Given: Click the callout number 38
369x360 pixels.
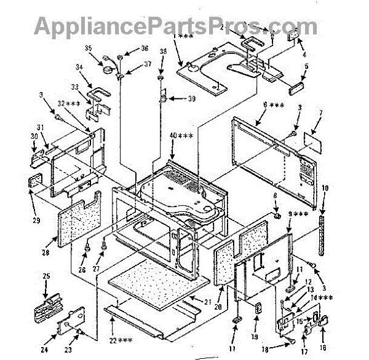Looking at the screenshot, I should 163,53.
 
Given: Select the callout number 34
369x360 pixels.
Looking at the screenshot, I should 79,68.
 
